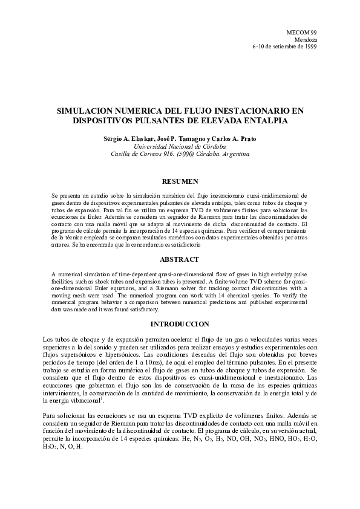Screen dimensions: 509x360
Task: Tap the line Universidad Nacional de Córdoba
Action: click(x=180, y=147)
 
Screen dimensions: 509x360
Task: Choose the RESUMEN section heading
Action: click(x=180, y=181)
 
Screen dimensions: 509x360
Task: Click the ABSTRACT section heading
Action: click(x=180, y=259)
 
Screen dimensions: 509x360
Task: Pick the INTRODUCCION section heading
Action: click(x=180, y=324)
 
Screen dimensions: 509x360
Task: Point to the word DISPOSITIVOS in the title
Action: click(x=108, y=120)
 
